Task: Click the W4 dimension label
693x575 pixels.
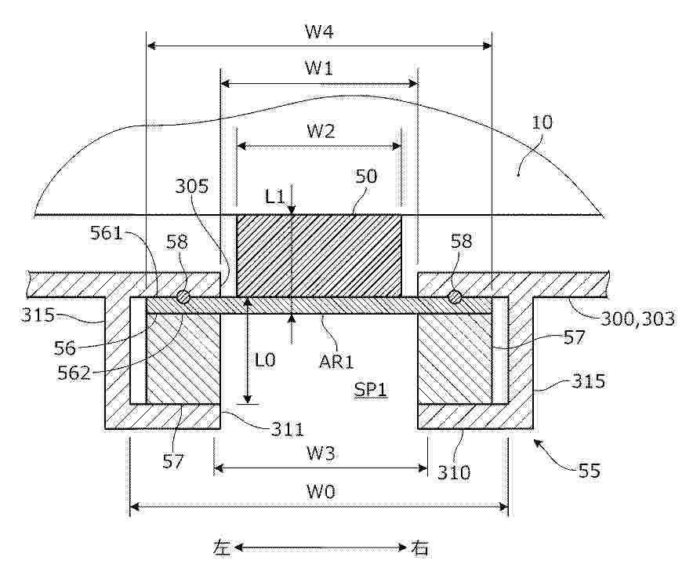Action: click(319, 32)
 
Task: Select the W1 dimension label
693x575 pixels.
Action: click(319, 68)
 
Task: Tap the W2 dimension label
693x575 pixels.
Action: click(321, 131)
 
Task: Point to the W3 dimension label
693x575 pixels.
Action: click(321, 453)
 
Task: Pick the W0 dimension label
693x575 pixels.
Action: click(321, 491)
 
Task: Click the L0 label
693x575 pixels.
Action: click(265, 360)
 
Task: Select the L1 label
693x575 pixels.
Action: click(275, 196)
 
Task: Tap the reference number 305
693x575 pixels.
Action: click(192, 186)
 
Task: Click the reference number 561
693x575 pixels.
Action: click(106, 233)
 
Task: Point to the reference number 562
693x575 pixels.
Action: click(74, 373)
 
